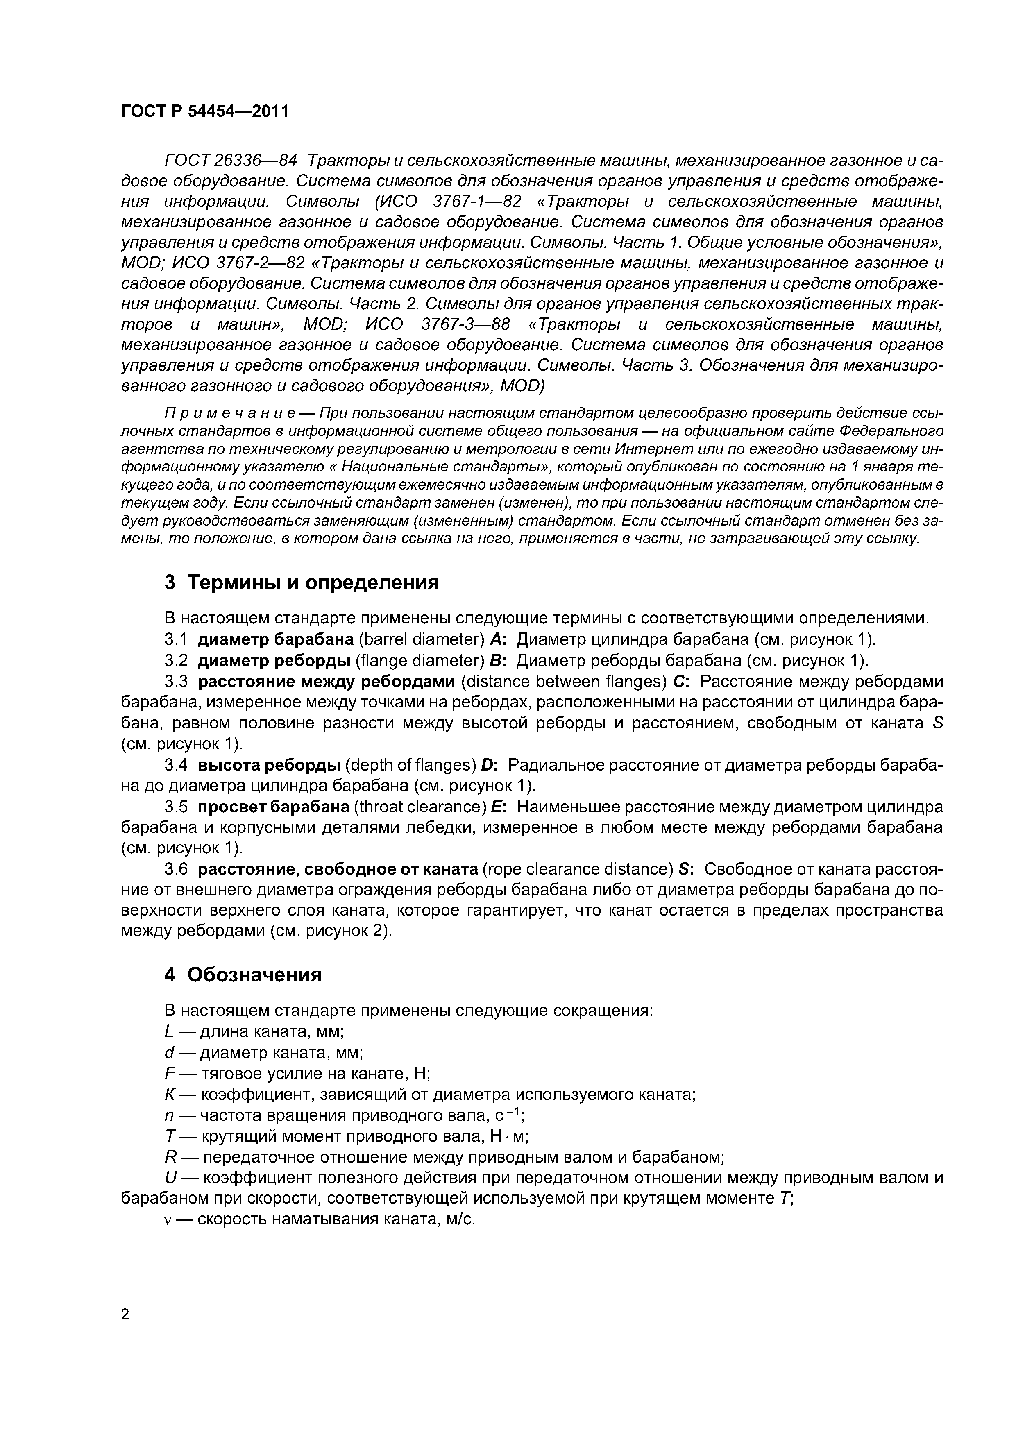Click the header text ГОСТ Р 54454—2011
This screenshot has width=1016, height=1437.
coord(205,111)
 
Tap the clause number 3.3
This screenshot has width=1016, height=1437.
coord(176,682)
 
